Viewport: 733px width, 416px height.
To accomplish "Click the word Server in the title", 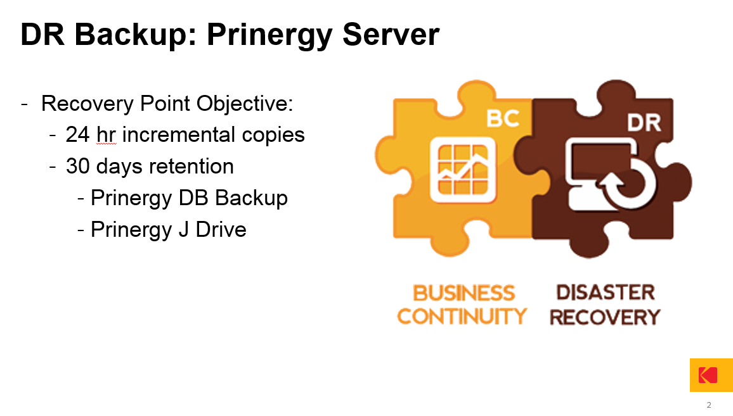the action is (391, 34).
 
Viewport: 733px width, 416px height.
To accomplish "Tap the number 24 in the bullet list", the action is (77, 134).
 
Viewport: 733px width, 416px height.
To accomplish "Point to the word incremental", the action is (179, 134).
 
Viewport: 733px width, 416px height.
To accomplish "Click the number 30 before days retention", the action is (77, 167).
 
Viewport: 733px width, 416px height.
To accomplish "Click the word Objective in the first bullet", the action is (245, 103).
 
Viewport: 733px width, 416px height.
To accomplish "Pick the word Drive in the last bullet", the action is (221, 230).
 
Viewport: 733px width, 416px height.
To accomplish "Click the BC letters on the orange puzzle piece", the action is (503, 118).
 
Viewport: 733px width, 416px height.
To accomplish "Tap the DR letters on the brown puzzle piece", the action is (644, 123).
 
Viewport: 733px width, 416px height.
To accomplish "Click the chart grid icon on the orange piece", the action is (463, 170).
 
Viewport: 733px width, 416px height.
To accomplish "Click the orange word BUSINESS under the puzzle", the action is (464, 293).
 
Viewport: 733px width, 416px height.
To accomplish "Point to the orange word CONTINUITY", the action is (462, 316).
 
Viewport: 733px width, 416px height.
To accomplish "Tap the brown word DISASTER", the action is (606, 293).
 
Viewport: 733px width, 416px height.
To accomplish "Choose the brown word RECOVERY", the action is (605, 317).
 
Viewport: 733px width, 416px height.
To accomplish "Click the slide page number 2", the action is (709, 405).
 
